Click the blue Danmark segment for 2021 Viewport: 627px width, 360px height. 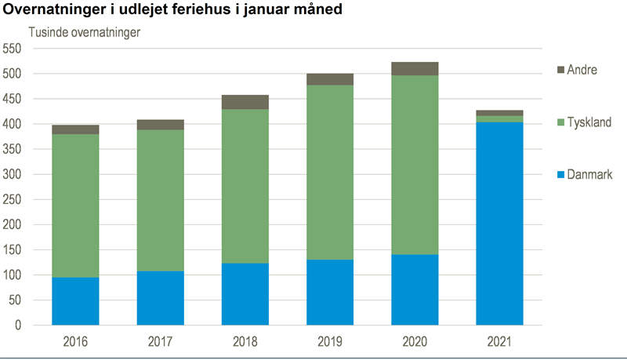[x=499, y=224]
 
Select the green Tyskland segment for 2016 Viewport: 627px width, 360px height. [x=75, y=206]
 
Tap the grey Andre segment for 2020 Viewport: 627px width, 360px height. [x=415, y=69]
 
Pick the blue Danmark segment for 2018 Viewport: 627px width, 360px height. [x=245, y=294]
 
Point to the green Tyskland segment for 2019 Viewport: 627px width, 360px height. [x=330, y=173]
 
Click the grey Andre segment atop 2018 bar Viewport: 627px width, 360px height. [x=245, y=102]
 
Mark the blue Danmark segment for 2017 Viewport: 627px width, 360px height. [x=160, y=298]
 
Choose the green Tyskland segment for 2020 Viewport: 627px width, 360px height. [x=415, y=165]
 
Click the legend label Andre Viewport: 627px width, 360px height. [x=582, y=70]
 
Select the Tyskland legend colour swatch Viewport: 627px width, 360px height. [x=557, y=122]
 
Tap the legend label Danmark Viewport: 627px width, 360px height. [x=589, y=174]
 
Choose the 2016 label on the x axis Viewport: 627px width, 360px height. [x=75, y=343]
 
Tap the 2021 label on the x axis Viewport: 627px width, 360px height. [x=499, y=343]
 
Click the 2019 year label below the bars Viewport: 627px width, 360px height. [x=330, y=343]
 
